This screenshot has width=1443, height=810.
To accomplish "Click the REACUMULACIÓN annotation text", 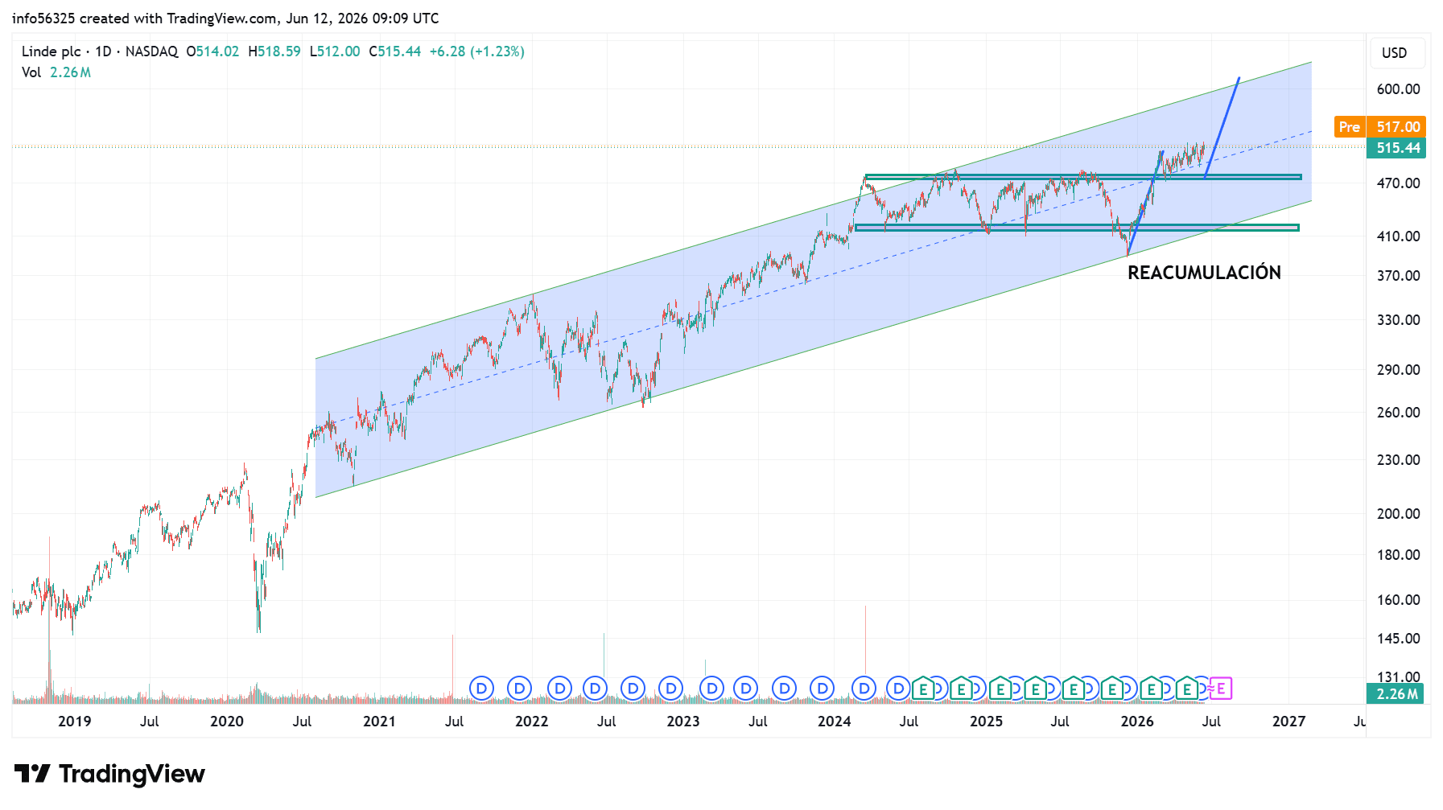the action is [x=1204, y=273].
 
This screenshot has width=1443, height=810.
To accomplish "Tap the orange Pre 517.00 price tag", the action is [x=1379, y=126].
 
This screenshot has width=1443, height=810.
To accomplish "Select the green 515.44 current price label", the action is [x=1396, y=148].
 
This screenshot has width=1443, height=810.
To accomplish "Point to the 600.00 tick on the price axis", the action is [x=1398, y=89].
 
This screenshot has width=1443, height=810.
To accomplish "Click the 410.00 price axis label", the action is [x=1398, y=236].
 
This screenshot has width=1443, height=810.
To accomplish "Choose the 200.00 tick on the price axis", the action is [x=1398, y=514].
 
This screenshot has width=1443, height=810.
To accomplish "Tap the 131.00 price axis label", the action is [x=1398, y=676].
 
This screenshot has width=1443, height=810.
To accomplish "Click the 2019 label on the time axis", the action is [x=75, y=722].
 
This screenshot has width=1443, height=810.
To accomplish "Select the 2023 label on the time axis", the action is [x=683, y=722].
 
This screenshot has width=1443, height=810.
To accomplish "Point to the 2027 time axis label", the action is [x=1288, y=722].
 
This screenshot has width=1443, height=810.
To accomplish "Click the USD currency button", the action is [x=1395, y=53].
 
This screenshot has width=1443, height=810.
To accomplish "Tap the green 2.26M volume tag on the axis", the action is [x=1396, y=693].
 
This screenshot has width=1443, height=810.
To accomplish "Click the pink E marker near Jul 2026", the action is [x=1221, y=689].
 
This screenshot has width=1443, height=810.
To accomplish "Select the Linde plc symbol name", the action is [x=52, y=51].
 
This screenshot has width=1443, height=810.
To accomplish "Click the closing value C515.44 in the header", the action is [x=395, y=51].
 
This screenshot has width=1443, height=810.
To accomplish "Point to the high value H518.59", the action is [x=274, y=51].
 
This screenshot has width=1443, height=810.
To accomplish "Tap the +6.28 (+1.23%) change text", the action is [x=476, y=51].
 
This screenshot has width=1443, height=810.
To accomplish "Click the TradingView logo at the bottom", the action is [x=109, y=774].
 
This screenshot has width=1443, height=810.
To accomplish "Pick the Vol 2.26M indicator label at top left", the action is [x=56, y=72].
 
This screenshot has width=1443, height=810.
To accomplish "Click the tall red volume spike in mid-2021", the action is [x=452, y=668].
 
